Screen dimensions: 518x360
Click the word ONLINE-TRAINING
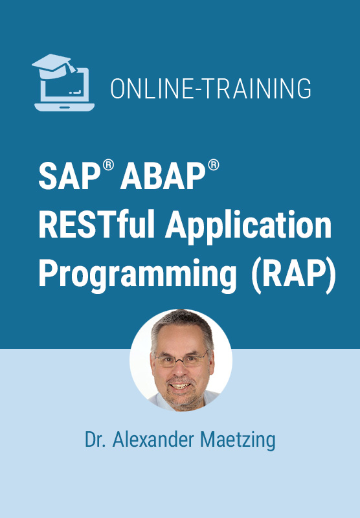210,89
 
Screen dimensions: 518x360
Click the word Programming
137,275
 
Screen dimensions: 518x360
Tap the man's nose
181,369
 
